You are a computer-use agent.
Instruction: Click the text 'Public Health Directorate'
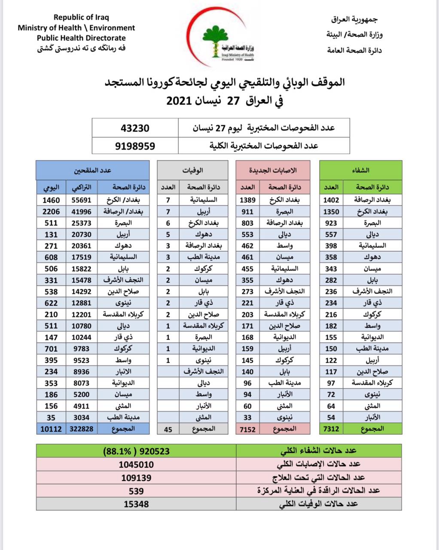tap(81, 38)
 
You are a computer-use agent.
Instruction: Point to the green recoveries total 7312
tap(331, 428)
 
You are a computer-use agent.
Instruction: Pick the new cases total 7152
tap(247, 428)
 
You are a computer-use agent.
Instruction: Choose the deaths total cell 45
tap(168, 429)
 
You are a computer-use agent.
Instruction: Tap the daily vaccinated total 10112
tap(51, 428)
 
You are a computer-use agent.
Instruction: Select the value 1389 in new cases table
tap(247, 200)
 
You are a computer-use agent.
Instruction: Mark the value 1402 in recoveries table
tap(331, 200)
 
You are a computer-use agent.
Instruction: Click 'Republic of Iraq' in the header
tap(81, 18)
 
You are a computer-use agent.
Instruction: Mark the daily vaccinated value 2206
tap(51, 211)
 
